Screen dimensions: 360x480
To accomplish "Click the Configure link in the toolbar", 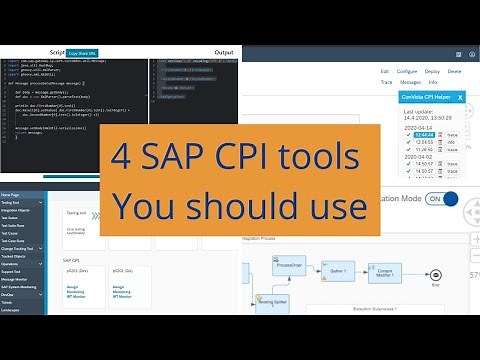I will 408,72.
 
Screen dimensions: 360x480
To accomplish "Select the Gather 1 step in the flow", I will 338,270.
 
